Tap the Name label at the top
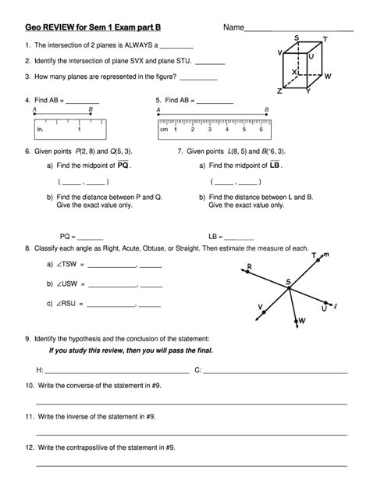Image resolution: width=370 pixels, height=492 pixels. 233,27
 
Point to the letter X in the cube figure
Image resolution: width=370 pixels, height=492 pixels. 294,72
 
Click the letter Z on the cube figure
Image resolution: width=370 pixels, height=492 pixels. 279,91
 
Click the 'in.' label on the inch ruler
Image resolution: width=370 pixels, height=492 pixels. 40,130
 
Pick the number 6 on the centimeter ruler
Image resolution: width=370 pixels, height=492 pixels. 261,130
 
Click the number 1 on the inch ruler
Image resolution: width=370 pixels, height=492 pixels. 79,130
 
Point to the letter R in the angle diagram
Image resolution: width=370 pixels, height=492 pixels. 248,266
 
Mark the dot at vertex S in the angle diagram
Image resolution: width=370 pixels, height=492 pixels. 288,288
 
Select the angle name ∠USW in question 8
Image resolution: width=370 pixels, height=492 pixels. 68,283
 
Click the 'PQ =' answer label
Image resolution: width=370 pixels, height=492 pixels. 68,235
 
